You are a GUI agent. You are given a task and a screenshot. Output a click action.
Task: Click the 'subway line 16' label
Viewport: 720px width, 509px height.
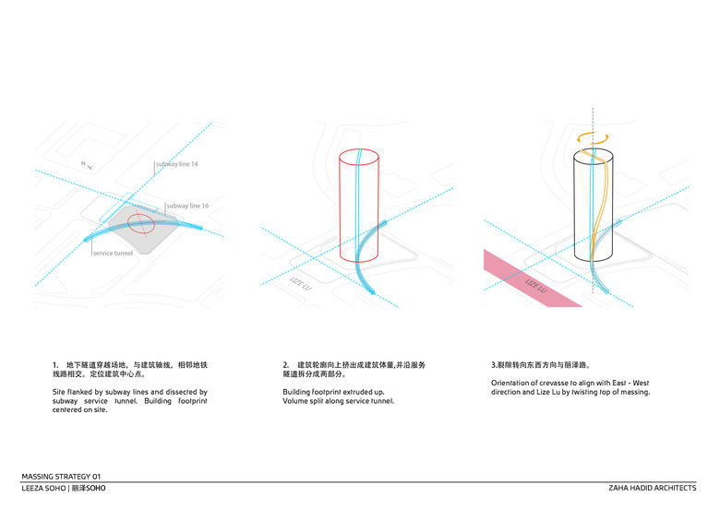186,206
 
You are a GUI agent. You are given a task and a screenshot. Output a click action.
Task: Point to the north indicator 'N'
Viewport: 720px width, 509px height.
84,164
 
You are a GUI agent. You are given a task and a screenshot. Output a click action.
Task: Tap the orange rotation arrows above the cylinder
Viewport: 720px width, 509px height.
592,134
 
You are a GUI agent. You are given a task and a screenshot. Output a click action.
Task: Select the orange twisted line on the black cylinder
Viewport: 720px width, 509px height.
603,207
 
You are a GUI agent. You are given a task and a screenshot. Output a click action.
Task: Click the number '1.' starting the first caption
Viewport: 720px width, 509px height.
56,365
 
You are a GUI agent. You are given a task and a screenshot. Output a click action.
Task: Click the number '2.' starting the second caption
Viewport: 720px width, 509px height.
286,365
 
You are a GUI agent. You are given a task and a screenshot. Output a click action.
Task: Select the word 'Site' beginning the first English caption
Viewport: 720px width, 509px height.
59,392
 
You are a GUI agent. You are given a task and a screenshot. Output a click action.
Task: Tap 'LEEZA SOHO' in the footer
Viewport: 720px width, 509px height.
44,488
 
